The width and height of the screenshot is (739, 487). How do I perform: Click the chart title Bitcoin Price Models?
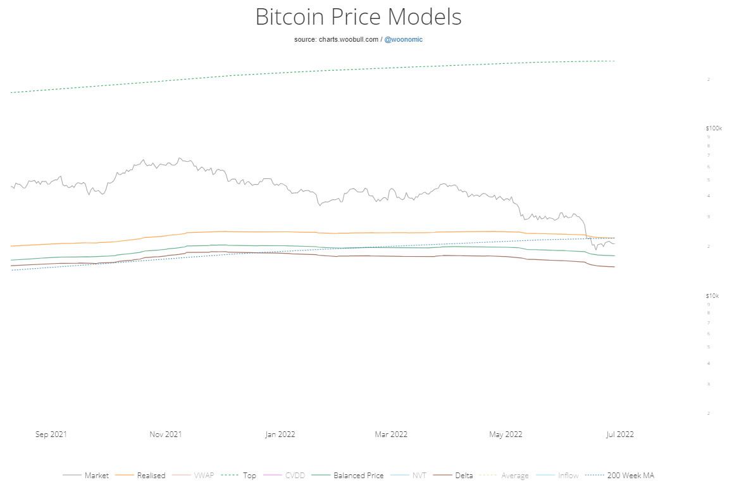click(x=358, y=17)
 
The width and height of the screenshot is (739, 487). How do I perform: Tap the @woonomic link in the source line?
click(x=404, y=39)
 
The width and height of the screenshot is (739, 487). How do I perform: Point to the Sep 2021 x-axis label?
click(x=51, y=435)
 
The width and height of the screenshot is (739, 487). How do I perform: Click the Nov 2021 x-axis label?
click(x=166, y=435)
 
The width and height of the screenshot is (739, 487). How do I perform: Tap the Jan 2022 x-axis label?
click(x=280, y=435)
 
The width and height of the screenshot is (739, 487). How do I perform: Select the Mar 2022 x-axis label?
click(x=391, y=435)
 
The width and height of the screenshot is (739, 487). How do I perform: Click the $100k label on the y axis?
click(x=714, y=128)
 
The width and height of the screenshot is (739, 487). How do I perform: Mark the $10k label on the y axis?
click(x=712, y=296)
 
